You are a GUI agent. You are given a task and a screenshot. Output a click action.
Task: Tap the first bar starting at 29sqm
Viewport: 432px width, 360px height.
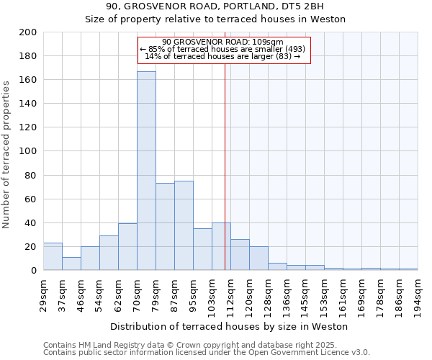(x=53, y=256)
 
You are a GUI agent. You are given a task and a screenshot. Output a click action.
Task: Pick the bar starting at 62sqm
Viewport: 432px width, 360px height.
(x=127, y=247)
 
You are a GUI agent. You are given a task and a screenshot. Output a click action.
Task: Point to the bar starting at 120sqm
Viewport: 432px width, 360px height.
(x=258, y=258)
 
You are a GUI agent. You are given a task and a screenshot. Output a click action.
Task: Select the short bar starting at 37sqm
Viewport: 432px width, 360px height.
(x=71, y=264)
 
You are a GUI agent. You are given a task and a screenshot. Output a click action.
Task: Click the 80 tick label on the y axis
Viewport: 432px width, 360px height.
(x=31, y=175)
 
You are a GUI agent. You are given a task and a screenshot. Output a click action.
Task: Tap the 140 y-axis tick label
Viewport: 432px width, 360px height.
(x=29, y=104)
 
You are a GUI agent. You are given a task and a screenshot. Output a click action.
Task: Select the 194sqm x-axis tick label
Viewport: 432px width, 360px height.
(x=418, y=293)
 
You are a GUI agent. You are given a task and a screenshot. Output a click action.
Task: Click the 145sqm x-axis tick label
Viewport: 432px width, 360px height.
(x=305, y=293)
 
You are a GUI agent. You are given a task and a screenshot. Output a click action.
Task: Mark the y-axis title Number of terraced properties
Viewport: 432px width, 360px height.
(x=6, y=154)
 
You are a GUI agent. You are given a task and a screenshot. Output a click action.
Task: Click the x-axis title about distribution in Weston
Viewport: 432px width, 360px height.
(x=230, y=326)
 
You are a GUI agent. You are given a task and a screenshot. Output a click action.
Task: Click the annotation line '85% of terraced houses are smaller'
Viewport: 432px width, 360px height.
(x=223, y=49)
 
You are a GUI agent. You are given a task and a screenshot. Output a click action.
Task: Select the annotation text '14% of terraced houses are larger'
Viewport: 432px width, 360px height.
(x=223, y=56)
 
